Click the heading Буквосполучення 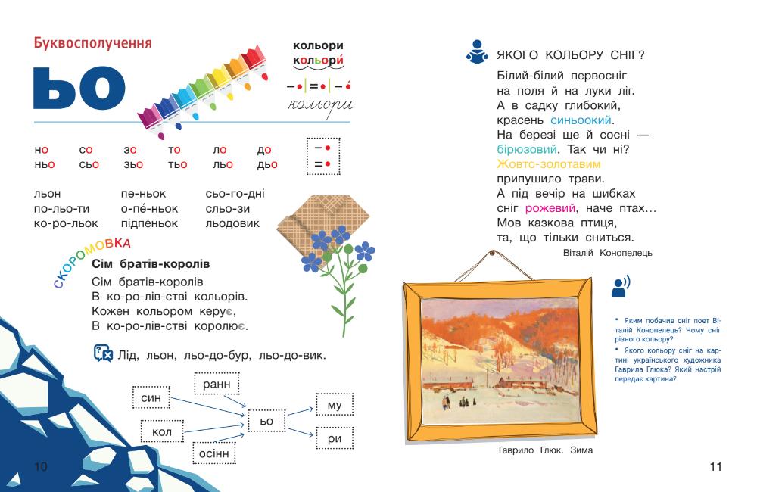click(x=93, y=43)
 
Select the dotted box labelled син click(x=151, y=398)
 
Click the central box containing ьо click(x=266, y=420)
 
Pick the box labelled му click(x=335, y=406)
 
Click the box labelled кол click(x=162, y=432)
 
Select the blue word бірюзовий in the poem click(x=528, y=149)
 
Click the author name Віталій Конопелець click(x=608, y=252)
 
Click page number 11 click(x=715, y=467)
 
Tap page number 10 click(x=41, y=467)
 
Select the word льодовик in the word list click(x=232, y=223)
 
